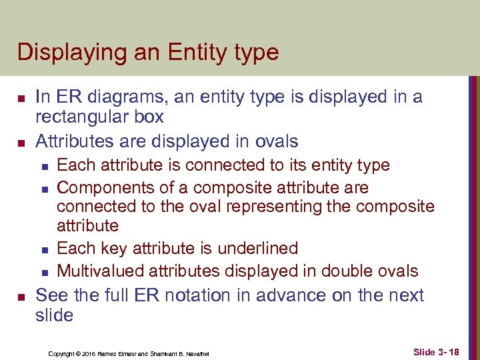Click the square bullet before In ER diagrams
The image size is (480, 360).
point(20,99)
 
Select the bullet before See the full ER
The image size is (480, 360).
point(20,296)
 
